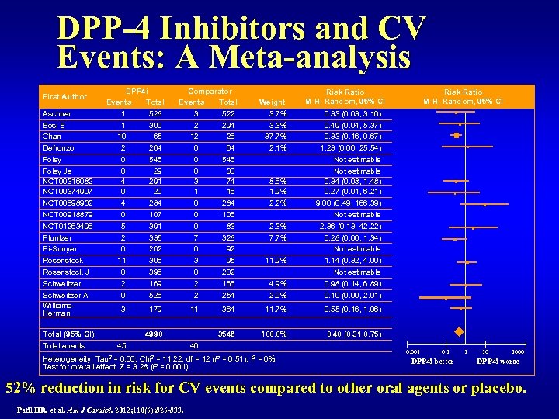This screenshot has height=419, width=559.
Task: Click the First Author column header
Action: [x=64, y=97]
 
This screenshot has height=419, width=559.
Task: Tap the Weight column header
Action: [x=271, y=102]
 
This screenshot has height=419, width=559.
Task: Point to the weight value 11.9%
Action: [x=277, y=261]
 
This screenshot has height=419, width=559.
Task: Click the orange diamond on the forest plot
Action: [x=459, y=333]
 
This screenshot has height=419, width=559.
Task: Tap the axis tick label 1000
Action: [x=517, y=351]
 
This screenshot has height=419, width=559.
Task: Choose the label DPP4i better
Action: [x=432, y=362]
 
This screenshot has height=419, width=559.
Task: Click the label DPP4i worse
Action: [x=497, y=362]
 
